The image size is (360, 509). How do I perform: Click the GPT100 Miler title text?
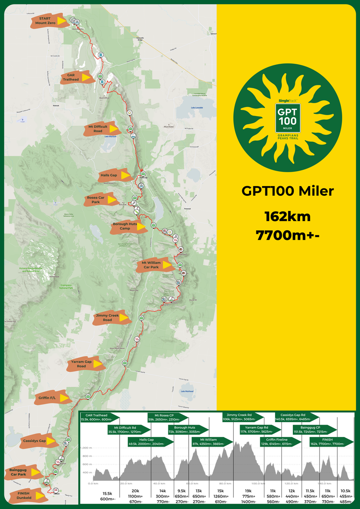click(x=288, y=191)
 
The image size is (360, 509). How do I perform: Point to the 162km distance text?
click(x=288, y=217)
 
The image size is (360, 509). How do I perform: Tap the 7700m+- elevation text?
click(x=288, y=235)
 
